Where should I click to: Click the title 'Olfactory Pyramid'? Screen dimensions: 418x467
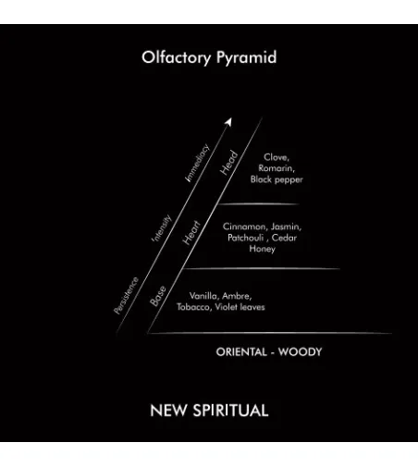(x=209, y=57)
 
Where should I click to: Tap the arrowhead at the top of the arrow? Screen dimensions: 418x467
(x=228, y=121)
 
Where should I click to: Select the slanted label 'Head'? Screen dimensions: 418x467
(x=229, y=163)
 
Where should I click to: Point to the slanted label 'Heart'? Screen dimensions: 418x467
(x=191, y=233)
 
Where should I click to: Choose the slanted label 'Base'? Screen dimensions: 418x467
(x=158, y=296)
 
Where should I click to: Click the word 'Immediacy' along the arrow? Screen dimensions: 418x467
(x=197, y=163)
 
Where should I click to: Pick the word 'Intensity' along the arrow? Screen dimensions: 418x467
(x=162, y=227)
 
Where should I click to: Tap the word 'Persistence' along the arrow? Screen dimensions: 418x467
(x=126, y=296)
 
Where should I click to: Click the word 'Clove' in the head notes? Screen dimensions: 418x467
(x=276, y=157)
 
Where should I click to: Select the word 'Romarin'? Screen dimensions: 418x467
(x=277, y=168)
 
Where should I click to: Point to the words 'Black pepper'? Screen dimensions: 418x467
(x=277, y=179)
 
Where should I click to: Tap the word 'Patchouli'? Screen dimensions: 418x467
(x=246, y=238)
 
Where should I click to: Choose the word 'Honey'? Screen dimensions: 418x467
(x=262, y=249)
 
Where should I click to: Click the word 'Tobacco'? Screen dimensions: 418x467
(x=194, y=307)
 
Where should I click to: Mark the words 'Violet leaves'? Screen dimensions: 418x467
(x=240, y=307)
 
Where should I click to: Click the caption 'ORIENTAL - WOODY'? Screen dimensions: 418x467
(x=269, y=351)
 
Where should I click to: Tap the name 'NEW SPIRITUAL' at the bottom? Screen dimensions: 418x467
(x=209, y=411)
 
